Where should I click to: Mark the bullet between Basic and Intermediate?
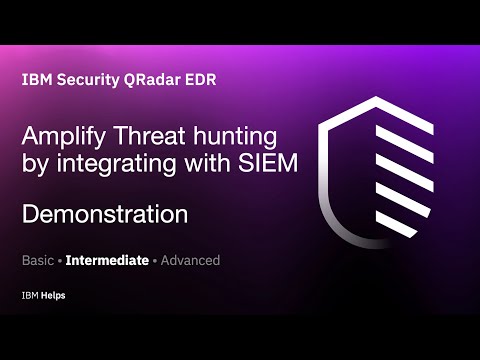click(x=59, y=260)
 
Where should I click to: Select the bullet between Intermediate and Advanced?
click(x=154, y=260)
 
